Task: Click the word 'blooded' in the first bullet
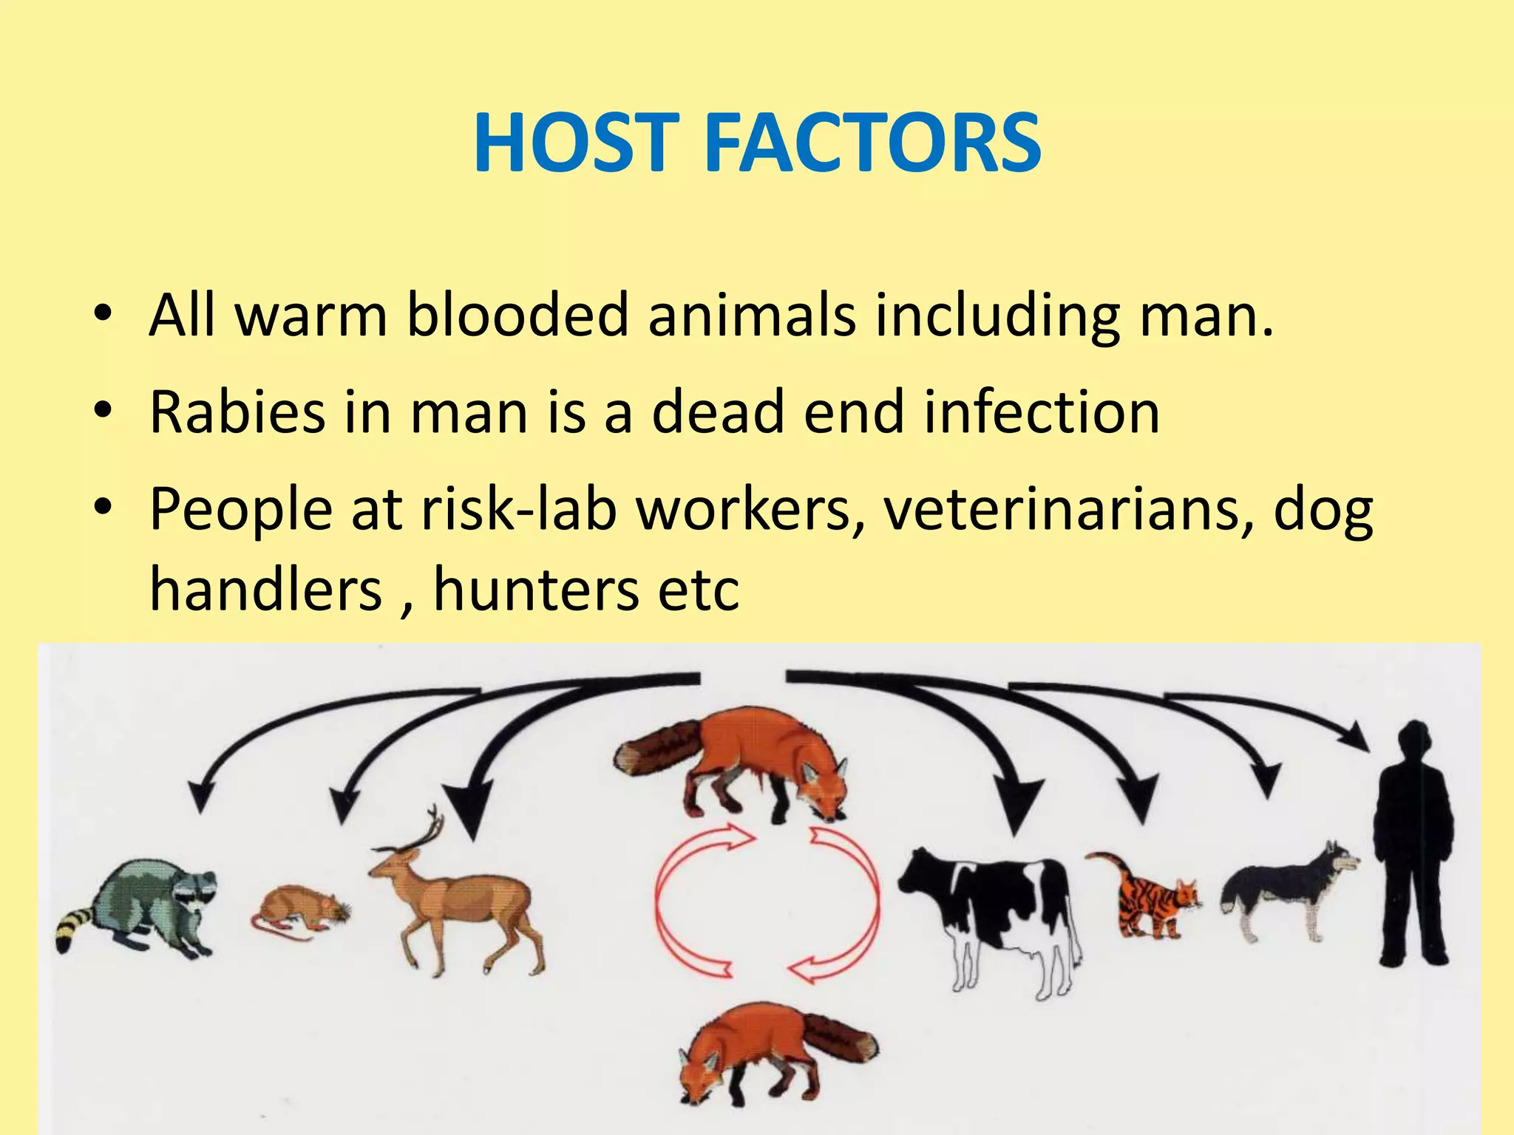[x=517, y=315]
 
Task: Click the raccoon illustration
[x=148, y=905]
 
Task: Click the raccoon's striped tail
[x=74, y=927]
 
